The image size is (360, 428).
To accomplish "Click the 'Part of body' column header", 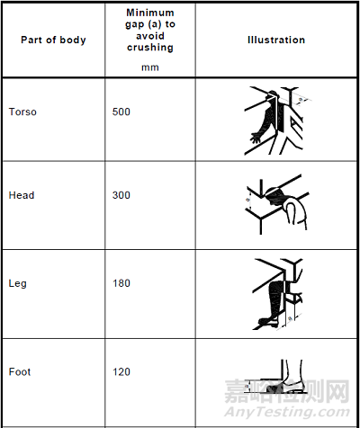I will pyautogui.click(x=48, y=40).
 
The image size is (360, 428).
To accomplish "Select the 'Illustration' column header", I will pyautogui.click(x=276, y=40).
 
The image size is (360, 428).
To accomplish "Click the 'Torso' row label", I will pyautogui.click(x=22, y=112).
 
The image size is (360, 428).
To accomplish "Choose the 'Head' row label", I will pyautogui.click(x=22, y=195).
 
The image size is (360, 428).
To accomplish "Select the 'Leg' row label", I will pyautogui.click(x=17, y=283).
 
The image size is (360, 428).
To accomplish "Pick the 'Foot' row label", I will pyautogui.click(x=20, y=371).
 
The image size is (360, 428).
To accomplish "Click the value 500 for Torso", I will pyautogui.click(x=121, y=112).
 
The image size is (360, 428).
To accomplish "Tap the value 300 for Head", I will pyautogui.click(x=121, y=195).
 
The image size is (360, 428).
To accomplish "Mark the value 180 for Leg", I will pyautogui.click(x=121, y=283).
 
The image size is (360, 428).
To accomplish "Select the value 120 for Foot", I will pyautogui.click(x=121, y=371).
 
